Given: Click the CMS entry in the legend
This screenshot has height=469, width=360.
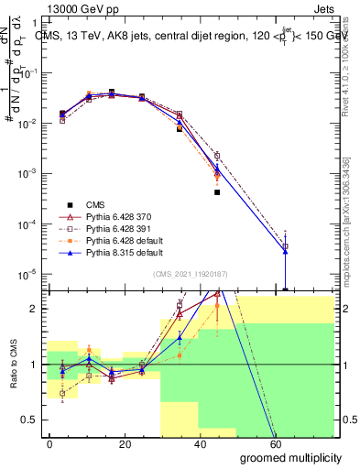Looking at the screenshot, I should tap(95, 204).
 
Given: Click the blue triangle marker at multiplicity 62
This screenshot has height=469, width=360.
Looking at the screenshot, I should tap(285, 251).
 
